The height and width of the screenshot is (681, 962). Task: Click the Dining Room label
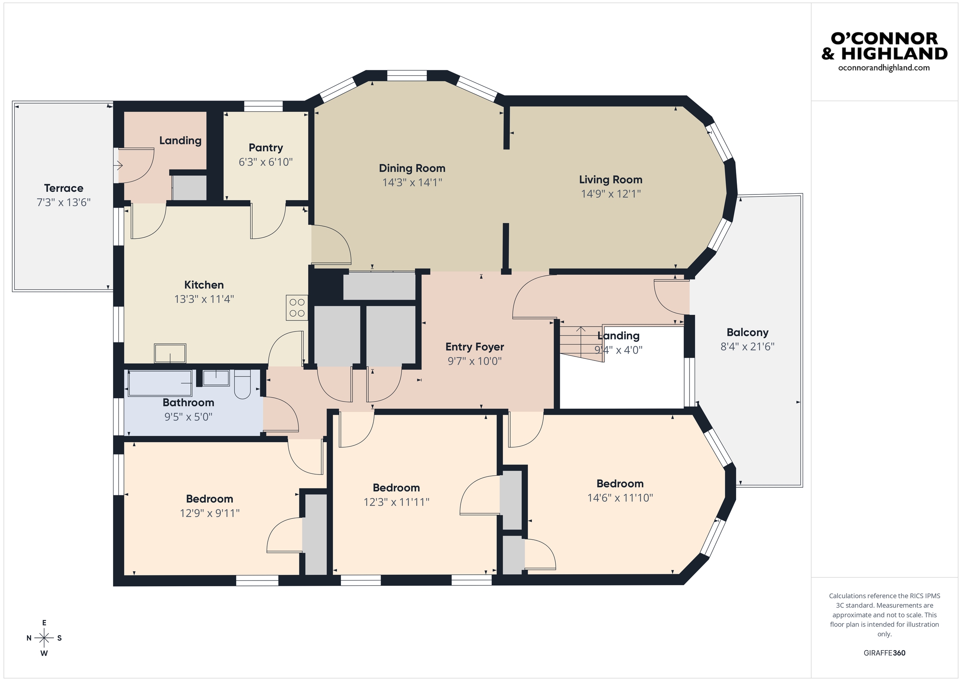click(x=412, y=168)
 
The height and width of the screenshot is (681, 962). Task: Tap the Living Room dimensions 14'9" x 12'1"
click(x=610, y=194)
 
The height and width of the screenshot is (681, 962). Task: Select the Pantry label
click(x=266, y=148)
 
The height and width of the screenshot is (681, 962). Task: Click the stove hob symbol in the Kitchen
click(x=297, y=308)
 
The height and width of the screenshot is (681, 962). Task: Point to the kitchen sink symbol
click(x=170, y=353)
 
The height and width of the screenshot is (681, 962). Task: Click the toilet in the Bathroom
click(x=242, y=384)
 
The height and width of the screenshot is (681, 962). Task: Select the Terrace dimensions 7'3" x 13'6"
click(x=64, y=203)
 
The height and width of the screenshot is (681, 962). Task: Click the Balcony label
click(x=748, y=332)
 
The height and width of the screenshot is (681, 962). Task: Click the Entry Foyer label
click(x=474, y=347)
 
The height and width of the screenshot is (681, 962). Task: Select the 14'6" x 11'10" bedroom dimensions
click(x=620, y=498)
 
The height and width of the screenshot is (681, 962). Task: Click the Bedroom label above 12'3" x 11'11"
click(x=396, y=488)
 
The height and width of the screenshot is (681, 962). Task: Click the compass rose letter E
click(x=44, y=623)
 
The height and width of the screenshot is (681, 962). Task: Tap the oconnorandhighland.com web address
click(x=884, y=68)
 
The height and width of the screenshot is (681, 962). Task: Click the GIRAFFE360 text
click(x=884, y=653)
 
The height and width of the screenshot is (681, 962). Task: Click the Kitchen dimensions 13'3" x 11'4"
click(x=204, y=299)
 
